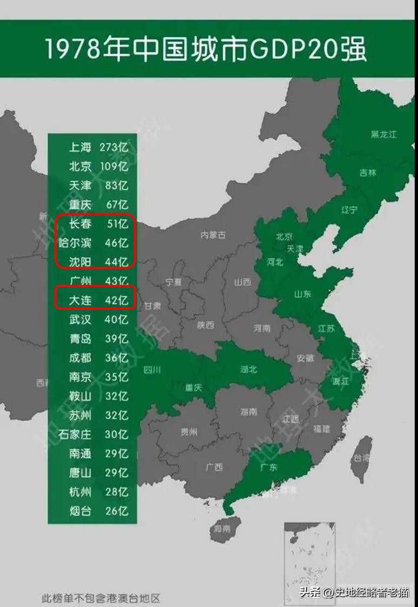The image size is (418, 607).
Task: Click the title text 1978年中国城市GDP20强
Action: point(205,49)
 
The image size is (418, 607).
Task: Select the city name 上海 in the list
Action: point(80,147)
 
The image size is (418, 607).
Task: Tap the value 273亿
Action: point(113,147)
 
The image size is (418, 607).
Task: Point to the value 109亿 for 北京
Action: point(113,166)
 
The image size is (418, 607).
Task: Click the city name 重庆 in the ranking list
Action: point(80,204)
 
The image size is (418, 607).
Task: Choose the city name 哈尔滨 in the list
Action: point(75,243)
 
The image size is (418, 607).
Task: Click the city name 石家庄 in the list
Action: point(75,434)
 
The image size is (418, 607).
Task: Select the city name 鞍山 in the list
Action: point(80,396)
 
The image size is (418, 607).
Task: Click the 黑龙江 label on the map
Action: point(383,134)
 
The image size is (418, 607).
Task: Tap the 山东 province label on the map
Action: point(302,295)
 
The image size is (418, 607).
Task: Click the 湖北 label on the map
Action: point(248,370)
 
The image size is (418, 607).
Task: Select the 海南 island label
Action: point(222,528)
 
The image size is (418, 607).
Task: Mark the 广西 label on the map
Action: point(214,467)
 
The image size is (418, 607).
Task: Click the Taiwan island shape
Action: point(360,459)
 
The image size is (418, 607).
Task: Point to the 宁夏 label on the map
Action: point(173,282)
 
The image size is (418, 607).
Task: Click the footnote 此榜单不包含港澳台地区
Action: point(101,598)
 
